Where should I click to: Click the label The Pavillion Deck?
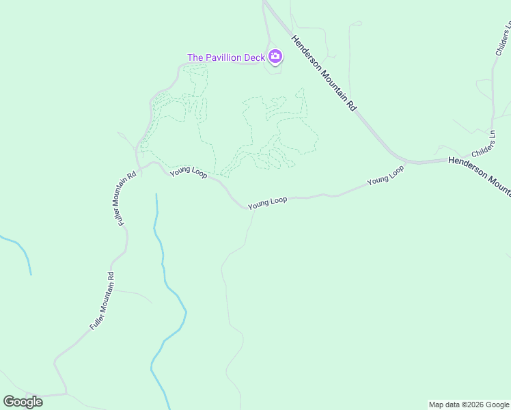click(x=225, y=57)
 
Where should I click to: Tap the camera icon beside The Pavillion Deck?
click(x=275, y=57)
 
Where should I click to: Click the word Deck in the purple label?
click(x=253, y=57)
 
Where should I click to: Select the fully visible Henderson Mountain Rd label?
click(x=324, y=73)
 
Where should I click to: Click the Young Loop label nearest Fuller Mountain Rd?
click(x=189, y=172)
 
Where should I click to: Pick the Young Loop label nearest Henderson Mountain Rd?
click(x=385, y=175)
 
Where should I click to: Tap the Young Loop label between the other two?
click(x=267, y=203)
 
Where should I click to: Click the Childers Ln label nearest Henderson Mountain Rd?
click(x=482, y=143)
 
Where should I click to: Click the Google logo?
click(x=23, y=402)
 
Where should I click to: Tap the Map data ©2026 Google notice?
click(x=469, y=405)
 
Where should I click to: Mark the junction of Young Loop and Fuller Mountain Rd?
click(x=139, y=165)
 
